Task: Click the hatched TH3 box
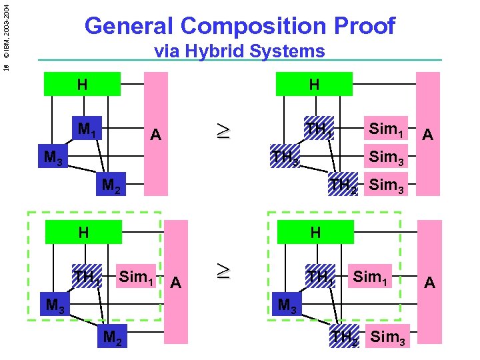(285, 158)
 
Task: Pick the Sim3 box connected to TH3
(387, 158)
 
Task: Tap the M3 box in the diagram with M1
(53, 158)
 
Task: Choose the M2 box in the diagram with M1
(111, 185)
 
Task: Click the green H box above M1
(82, 85)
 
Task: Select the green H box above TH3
(313, 85)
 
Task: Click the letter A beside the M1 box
(155, 135)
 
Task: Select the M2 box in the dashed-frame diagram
(112, 337)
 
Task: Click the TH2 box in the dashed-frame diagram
(345, 337)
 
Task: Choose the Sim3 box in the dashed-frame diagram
(387, 337)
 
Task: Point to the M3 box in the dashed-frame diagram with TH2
(287, 305)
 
